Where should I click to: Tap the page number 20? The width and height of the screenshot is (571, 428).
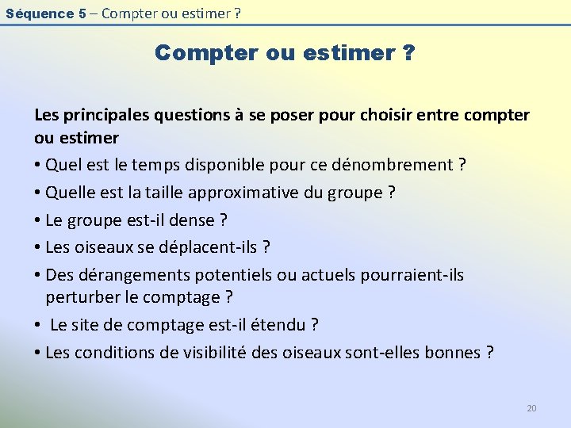[531, 408]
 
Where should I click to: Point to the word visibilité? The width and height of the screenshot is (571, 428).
[209, 352]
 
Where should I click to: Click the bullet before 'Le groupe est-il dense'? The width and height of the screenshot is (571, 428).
[38, 220]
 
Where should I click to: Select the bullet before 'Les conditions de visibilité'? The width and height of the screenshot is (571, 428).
[38, 353]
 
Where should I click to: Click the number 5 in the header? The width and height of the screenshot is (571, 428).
[82, 13]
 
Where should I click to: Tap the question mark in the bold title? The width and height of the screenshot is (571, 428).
[408, 53]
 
